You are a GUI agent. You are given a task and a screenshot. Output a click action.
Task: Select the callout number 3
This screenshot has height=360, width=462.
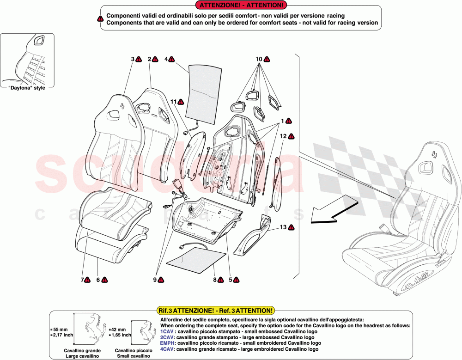[133, 59]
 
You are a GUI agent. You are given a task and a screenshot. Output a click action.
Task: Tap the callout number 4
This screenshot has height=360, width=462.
[166, 59]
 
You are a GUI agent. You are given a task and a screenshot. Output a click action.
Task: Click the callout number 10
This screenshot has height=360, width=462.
[259, 59]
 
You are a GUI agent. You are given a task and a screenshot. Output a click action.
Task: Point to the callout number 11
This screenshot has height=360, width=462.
[173, 101]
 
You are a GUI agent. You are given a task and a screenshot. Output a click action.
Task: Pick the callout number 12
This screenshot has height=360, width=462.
[283, 136]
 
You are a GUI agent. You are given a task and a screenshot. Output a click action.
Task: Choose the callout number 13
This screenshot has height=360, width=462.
[283, 227]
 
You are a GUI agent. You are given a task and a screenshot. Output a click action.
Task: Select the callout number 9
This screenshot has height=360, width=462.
[156, 280]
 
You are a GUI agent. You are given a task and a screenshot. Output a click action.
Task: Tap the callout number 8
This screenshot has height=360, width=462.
[215, 280]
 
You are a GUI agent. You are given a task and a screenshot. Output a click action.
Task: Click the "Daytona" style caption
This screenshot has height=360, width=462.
[27, 88]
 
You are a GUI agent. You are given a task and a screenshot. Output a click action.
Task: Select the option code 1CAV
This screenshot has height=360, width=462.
[167, 331]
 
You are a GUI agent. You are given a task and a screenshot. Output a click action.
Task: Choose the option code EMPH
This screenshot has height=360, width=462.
[167, 343]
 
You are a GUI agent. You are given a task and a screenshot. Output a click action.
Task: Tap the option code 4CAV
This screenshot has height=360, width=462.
[167, 349]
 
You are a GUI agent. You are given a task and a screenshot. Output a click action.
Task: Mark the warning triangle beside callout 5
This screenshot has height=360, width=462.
[236, 280]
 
